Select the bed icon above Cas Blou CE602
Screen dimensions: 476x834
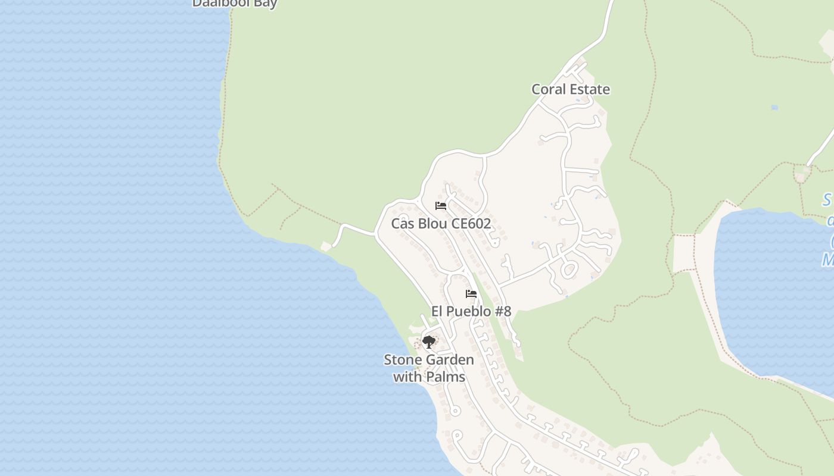tap(441, 206)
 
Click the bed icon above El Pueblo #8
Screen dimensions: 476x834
tap(471, 294)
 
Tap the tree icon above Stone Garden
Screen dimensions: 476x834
tap(428, 342)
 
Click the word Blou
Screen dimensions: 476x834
tap(430, 224)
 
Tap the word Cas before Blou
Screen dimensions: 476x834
tap(402, 224)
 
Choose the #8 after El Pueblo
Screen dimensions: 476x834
tap(503, 311)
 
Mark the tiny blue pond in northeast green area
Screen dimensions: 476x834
tap(774, 108)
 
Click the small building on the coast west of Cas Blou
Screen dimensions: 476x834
tap(326, 246)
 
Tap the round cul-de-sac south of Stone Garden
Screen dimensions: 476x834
tap(456, 411)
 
